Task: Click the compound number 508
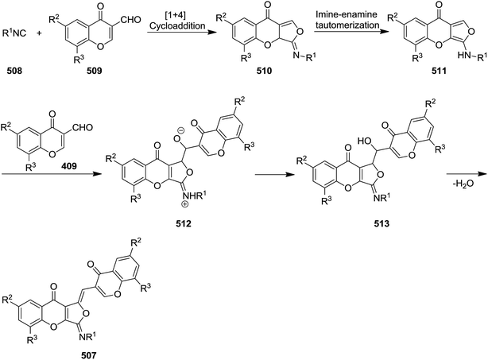click(15, 71)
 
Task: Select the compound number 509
click(95, 71)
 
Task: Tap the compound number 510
click(264, 71)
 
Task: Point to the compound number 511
click(439, 71)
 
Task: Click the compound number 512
click(183, 223)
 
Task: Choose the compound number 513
click(381, 223)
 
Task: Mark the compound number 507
click(88, 354)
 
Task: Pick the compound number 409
click(69, 166)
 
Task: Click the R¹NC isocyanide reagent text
click(14, 33)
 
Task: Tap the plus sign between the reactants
click(39, 33)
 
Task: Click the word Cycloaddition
click(177, 25)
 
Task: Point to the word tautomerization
click(347, 25)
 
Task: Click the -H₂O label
click(463, 184)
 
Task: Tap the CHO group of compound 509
click(130, 20)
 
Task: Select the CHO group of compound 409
click(83, 127)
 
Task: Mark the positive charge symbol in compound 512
click(186, 204)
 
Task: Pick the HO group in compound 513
click(365, 141)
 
